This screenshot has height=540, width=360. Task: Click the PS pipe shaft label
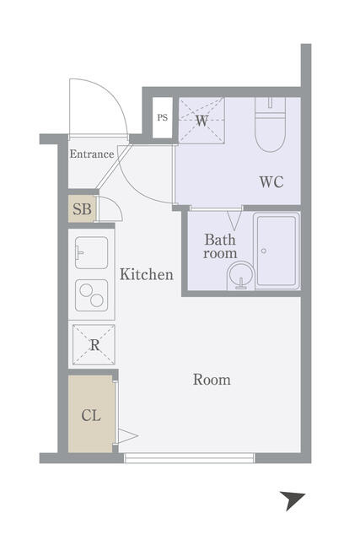pyautogui.click(x=163, y=118)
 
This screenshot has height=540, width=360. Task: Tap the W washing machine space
pyautogui.click(x=201, y=120)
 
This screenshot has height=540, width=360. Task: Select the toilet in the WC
pyautogui.click(x=271, y=125)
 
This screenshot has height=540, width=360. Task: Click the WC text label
pyautogui.click(x=271, y=181)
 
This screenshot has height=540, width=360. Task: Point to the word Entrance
pyautogui.click(x=92, y=154)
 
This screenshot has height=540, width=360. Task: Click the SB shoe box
pyautogui.click(x=83, y=208)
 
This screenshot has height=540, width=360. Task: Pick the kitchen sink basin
pyautogui.click(x=91, y=253)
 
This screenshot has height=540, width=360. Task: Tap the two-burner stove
pyautogui.click(x=92, y=295)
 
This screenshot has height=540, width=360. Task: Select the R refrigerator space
pyautogui.click(x=94, y=344)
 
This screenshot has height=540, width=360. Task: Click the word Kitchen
pyautogui.click(x=147, y=274)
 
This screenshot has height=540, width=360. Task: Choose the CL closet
pyautogui.click(x=91, y=414)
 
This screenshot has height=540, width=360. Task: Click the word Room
pyautogui.click(x=212, y=380)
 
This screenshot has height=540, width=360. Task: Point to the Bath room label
pyautogui.click(x=220, y=246)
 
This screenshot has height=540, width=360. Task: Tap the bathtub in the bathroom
pyautogui.click(x=277, y=251)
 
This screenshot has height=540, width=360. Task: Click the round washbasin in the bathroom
pyautogui.click(x=240, y=276)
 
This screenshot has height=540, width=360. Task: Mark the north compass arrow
pyautogui.click(x=292, y=499)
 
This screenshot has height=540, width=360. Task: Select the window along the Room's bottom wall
pyautogui.click(x=189, y=458)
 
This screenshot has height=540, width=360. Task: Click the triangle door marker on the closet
pyautogui.click(x=127, y=436)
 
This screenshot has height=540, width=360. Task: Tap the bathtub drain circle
pyautogui.click(x=264, y=251)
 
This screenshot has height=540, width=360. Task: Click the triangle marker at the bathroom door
pyautogui.click(x=234, y=220)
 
